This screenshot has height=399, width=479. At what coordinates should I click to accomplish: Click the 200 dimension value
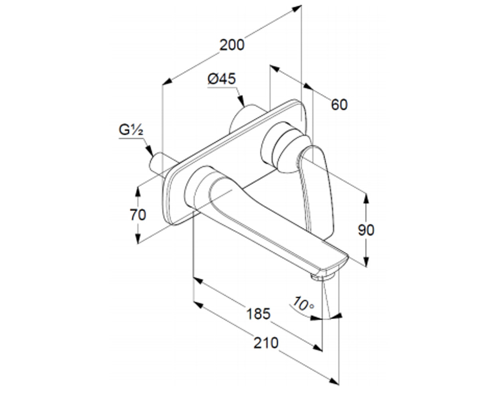point(232,45)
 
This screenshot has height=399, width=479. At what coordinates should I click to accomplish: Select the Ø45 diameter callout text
point(222,79)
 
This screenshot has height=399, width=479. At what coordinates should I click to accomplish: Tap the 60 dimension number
point(339,105)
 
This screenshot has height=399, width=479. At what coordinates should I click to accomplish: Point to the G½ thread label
point(131,130)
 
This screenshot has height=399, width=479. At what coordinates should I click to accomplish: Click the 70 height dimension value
point(138,215)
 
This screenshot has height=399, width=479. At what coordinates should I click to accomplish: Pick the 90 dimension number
point(366,230)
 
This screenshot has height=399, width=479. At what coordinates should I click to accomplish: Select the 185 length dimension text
point(258,314)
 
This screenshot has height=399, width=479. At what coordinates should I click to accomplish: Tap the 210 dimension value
point(266,343)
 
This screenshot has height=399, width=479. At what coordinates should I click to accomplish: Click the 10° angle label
point(303,304)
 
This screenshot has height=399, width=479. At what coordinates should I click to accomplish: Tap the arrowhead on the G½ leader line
point(150,151)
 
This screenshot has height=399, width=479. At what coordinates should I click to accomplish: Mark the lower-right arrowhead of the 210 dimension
point(334,382)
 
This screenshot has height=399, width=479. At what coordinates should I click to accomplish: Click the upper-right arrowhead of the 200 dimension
point(297,9)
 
